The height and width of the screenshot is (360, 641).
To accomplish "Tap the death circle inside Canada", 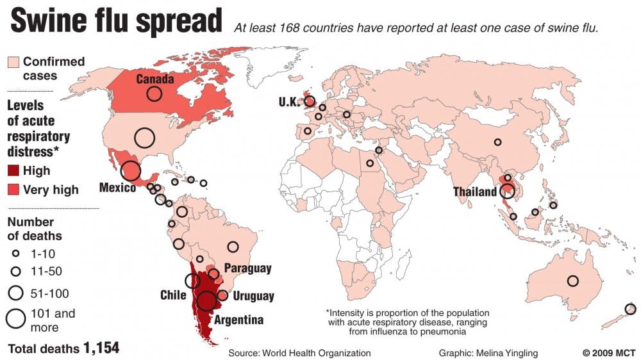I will [154, 94].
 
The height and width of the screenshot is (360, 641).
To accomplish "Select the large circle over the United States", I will [145, 137].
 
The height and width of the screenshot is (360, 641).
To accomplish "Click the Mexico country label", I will [117, 188].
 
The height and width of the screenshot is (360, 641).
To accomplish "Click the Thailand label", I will [475, 192].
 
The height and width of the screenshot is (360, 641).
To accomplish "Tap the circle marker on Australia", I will [572, 281].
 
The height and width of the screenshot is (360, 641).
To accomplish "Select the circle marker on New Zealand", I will [630, 309].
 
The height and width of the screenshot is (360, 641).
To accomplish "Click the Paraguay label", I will [247, 268].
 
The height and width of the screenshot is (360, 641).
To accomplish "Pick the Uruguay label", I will [253, 297].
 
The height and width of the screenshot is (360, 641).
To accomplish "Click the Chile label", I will [173, 295].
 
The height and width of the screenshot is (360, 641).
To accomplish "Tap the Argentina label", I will [238, 320].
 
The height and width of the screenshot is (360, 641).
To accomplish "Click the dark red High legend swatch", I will [13, 171].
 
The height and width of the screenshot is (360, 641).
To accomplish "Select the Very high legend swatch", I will [13, 190].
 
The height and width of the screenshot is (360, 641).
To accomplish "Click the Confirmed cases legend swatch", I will [13, 62].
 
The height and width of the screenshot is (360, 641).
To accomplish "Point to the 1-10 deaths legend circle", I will [16, 254].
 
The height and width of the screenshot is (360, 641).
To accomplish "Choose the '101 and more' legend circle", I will [16, 318].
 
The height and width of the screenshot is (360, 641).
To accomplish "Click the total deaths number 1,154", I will [101, 348].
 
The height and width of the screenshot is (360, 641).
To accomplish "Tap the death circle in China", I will [497, 142].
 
